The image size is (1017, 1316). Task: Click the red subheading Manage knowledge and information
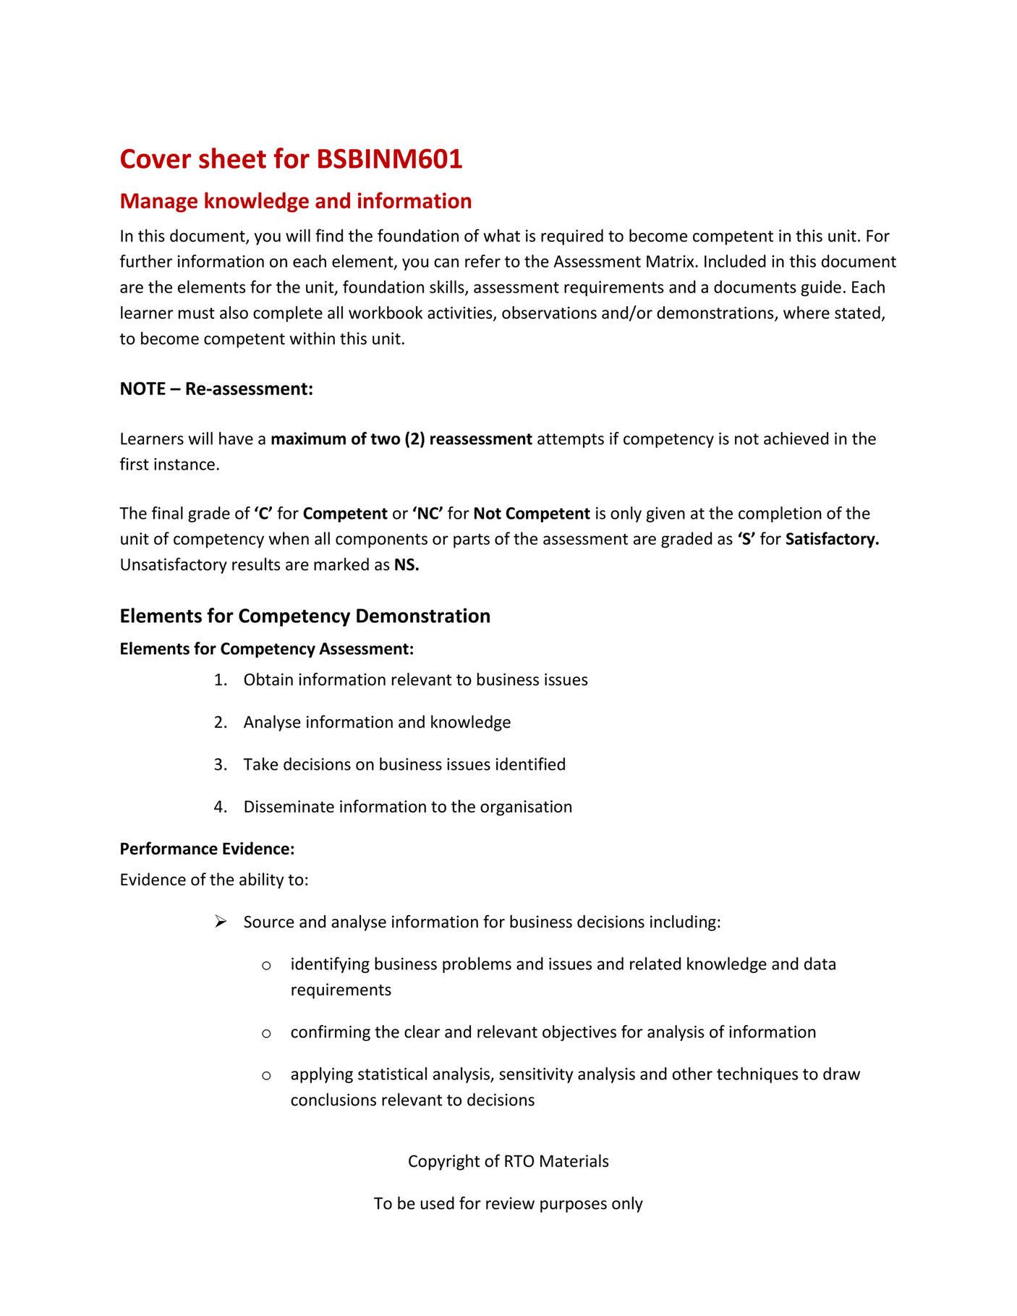(x=295, y=201)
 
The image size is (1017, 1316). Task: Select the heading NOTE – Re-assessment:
(x=216, y=389)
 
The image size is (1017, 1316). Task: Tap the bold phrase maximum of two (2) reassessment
(x=401, y=439)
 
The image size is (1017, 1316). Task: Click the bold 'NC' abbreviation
(x=427, y=514)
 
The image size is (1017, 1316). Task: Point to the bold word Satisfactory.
(x=832, y=539)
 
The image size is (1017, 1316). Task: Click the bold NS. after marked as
(x=407, y=565)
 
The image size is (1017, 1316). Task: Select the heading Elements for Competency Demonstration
(x=305, y=616)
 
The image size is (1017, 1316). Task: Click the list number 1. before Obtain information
(x=221, y=680)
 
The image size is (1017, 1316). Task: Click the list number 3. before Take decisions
(x=221, y=765)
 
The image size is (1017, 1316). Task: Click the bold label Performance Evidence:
(x=207, y=849)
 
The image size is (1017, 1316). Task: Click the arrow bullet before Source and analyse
(x=221, y=922)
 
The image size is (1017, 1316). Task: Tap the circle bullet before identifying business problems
(x=266, y=965)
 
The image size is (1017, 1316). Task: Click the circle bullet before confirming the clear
(x=266, y=1033)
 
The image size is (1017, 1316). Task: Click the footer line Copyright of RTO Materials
(x=508, y=1161)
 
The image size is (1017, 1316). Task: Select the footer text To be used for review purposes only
(x=508, y=1203)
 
